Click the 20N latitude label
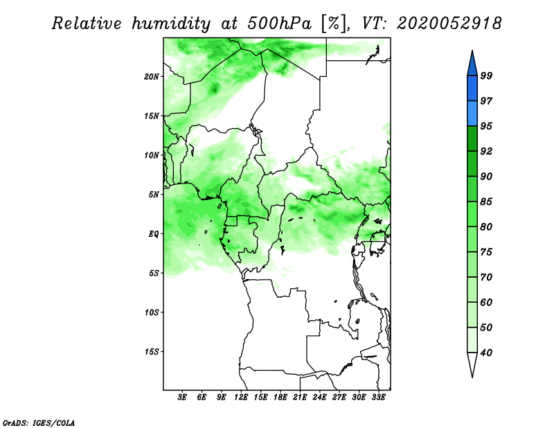[x=152, y=76]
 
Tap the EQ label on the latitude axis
[x=154, y=233]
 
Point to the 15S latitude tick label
[x=152, y=352]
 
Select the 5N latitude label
[x=154, y=195]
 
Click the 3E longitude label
[x=181, y=397]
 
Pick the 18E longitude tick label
[x=280, y=397]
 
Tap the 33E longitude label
[x=378, y=397]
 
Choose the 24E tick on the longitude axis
[x=319, y=397]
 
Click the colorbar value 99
[x=486, y=75]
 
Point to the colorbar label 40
[x=486, y=353]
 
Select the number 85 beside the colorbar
[x=486, y=202]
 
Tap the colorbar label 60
[x=486, y=302]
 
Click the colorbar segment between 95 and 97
[x=472, y=114]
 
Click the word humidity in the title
[x=171, y=24]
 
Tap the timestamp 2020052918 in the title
[x=449, y=24]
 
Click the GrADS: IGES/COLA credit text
[x=39, y=423]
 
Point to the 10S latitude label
[x=152, y=312]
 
